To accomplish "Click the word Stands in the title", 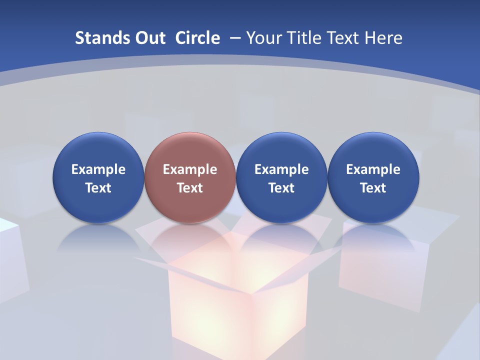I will pos(100,38).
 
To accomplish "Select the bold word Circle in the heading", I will pos(197,38).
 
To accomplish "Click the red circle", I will pos(190,150).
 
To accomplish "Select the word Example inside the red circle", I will pos(190,169).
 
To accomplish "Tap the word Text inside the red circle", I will pos(190,188).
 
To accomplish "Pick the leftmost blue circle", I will pos(98,150).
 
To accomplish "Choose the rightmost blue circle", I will pos(373,150).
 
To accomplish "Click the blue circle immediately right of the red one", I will pos(281,150).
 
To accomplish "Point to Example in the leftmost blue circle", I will pos(98,169).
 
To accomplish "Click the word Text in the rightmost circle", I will pos(373,188).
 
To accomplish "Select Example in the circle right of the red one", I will pos(281,169).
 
